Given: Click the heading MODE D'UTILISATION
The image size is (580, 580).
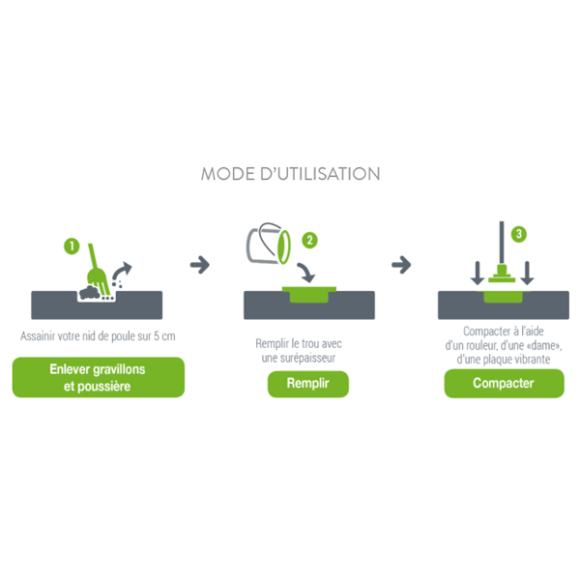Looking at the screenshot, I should [x=290, y=174].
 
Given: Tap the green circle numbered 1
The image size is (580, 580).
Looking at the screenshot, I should [x=71, y=246].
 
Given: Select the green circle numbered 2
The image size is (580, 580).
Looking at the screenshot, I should [x=308, y=239].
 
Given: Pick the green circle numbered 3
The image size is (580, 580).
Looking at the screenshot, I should [x=519, y=234].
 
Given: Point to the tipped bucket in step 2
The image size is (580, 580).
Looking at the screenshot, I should [x=270, y=244].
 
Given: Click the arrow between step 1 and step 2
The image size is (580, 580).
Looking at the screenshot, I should [x=200, y=263].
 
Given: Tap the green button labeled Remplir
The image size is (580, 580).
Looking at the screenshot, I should [x=307, y=384].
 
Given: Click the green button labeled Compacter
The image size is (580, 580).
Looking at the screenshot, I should [x=503, y=384].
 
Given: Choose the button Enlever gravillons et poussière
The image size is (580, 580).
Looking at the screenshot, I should [x=98, y=377].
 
